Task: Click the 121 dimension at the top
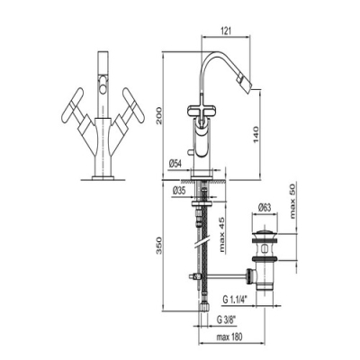pos(227,31)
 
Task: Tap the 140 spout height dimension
pos(256,135)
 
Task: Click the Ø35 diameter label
pos(179,191)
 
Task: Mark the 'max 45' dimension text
pos(221,235)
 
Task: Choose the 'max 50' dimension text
pos(292,201)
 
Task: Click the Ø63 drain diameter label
pos(265,208)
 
